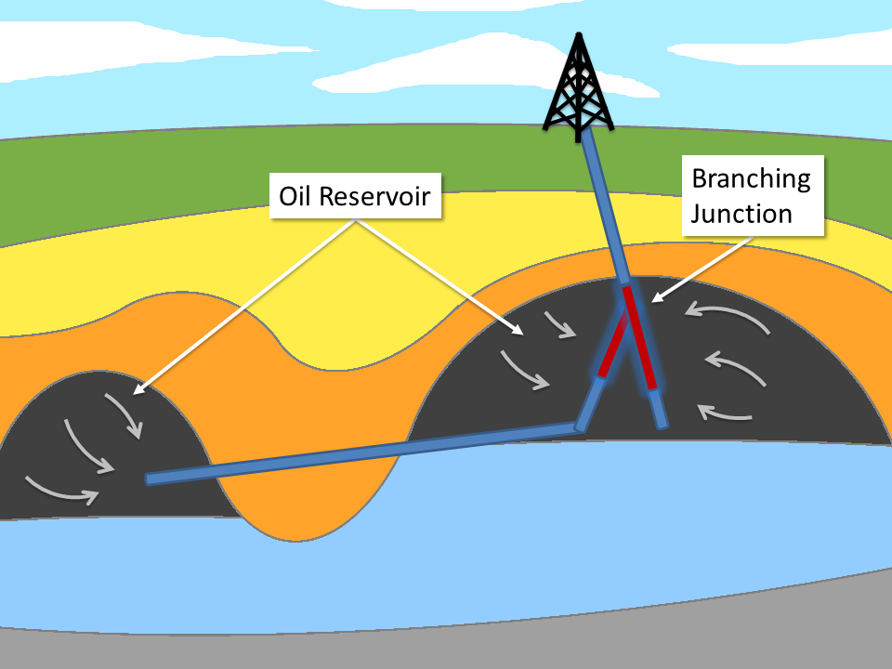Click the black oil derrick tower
tap(579, 88)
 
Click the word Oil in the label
tap(296, 196)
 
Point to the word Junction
tap(741, 214)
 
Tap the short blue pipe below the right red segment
tap(658, 409)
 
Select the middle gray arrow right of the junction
tap(736, 368)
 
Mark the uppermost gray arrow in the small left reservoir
tap(125, 413)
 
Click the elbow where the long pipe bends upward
tap(581, 426)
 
